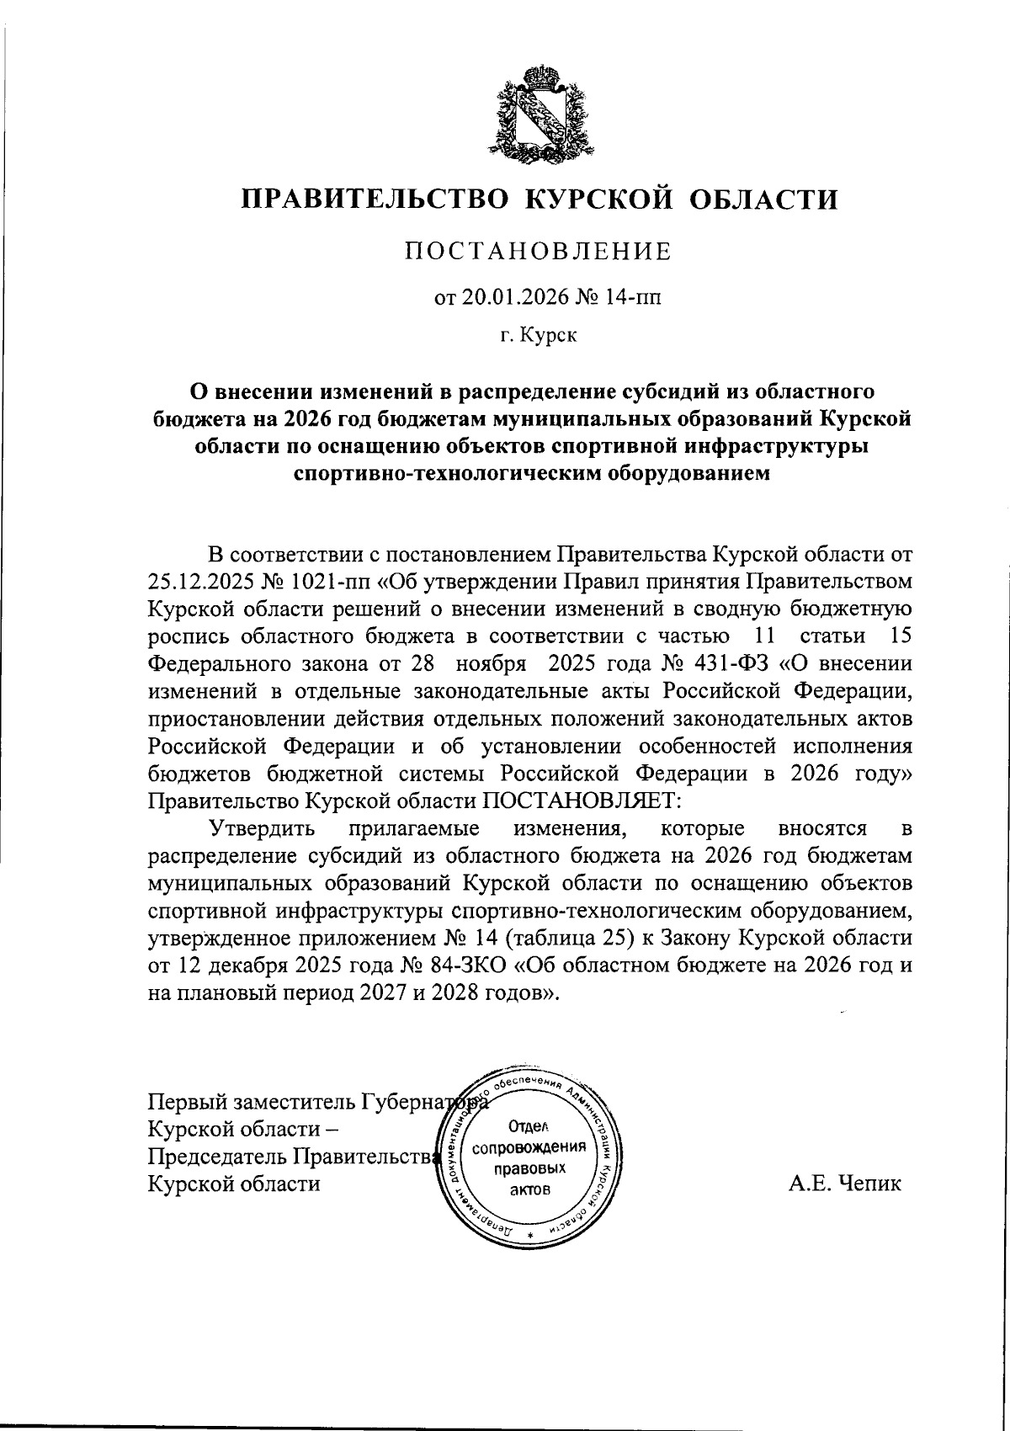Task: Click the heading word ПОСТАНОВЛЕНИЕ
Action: point(539,251)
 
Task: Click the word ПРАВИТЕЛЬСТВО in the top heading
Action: point(375,199)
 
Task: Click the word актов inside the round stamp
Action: point(529,1189)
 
